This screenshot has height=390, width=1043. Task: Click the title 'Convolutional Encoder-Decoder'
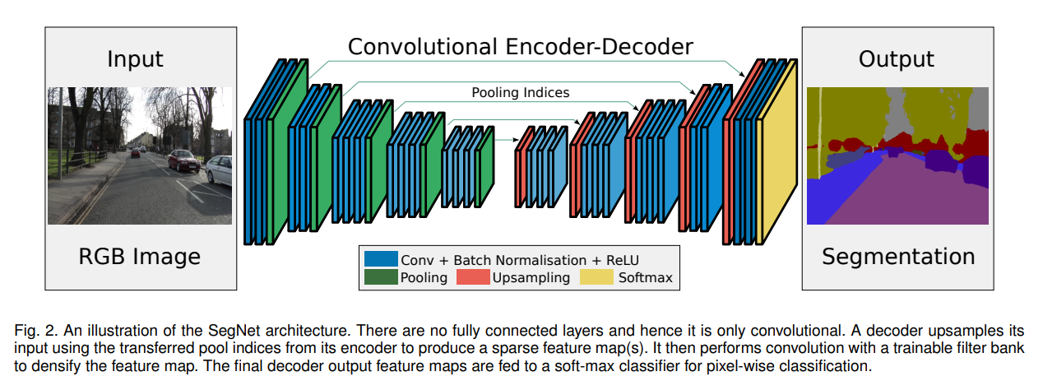click(520, 47)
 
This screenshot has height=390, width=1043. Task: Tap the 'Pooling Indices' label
click(520, 92)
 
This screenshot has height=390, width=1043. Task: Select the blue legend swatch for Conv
click(381, 259)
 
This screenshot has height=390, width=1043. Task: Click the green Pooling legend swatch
click(381, 277)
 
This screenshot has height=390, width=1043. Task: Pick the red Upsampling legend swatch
click(473, 277)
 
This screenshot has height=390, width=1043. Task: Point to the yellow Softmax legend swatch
click(596, 277)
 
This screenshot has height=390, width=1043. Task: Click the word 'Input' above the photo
click(135, 59)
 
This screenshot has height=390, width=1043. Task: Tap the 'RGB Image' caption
click(139, 257)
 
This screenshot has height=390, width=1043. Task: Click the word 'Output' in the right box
click(897, 59)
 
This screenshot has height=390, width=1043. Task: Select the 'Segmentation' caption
click(898, 257)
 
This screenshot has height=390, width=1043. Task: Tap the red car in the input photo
click(184, 160)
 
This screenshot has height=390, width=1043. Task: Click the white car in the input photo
click(219, 169)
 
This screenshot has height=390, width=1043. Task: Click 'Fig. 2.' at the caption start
click(36, 331)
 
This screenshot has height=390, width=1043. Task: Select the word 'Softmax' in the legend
click(646, 278)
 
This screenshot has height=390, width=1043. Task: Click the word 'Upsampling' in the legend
click(531, 278)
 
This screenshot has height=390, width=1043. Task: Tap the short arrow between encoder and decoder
click(507, 140)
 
